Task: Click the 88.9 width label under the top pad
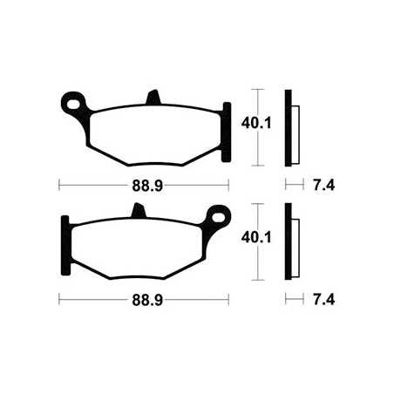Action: coord(142,186)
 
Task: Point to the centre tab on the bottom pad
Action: coord(136,210)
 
